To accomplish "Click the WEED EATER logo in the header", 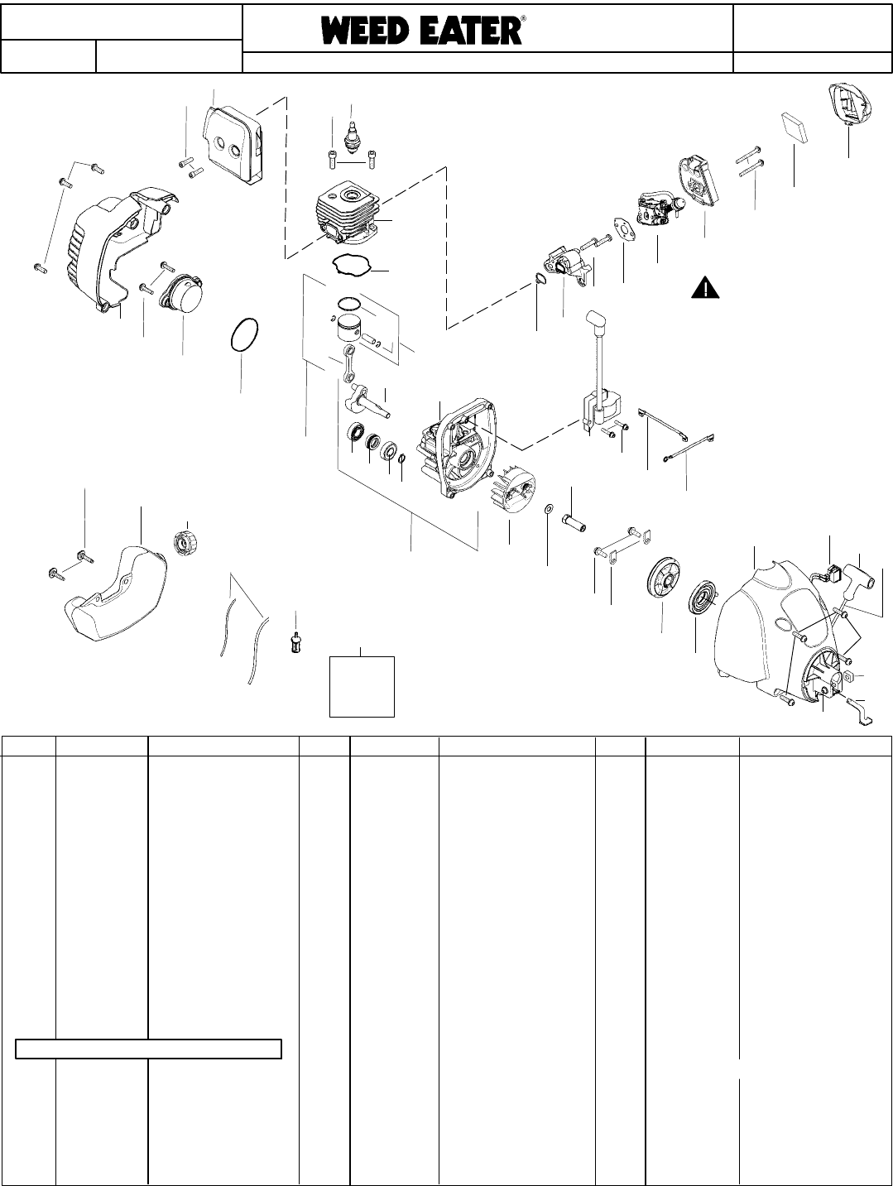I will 422,31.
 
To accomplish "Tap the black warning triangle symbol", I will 703,288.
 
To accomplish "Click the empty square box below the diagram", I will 362,685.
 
